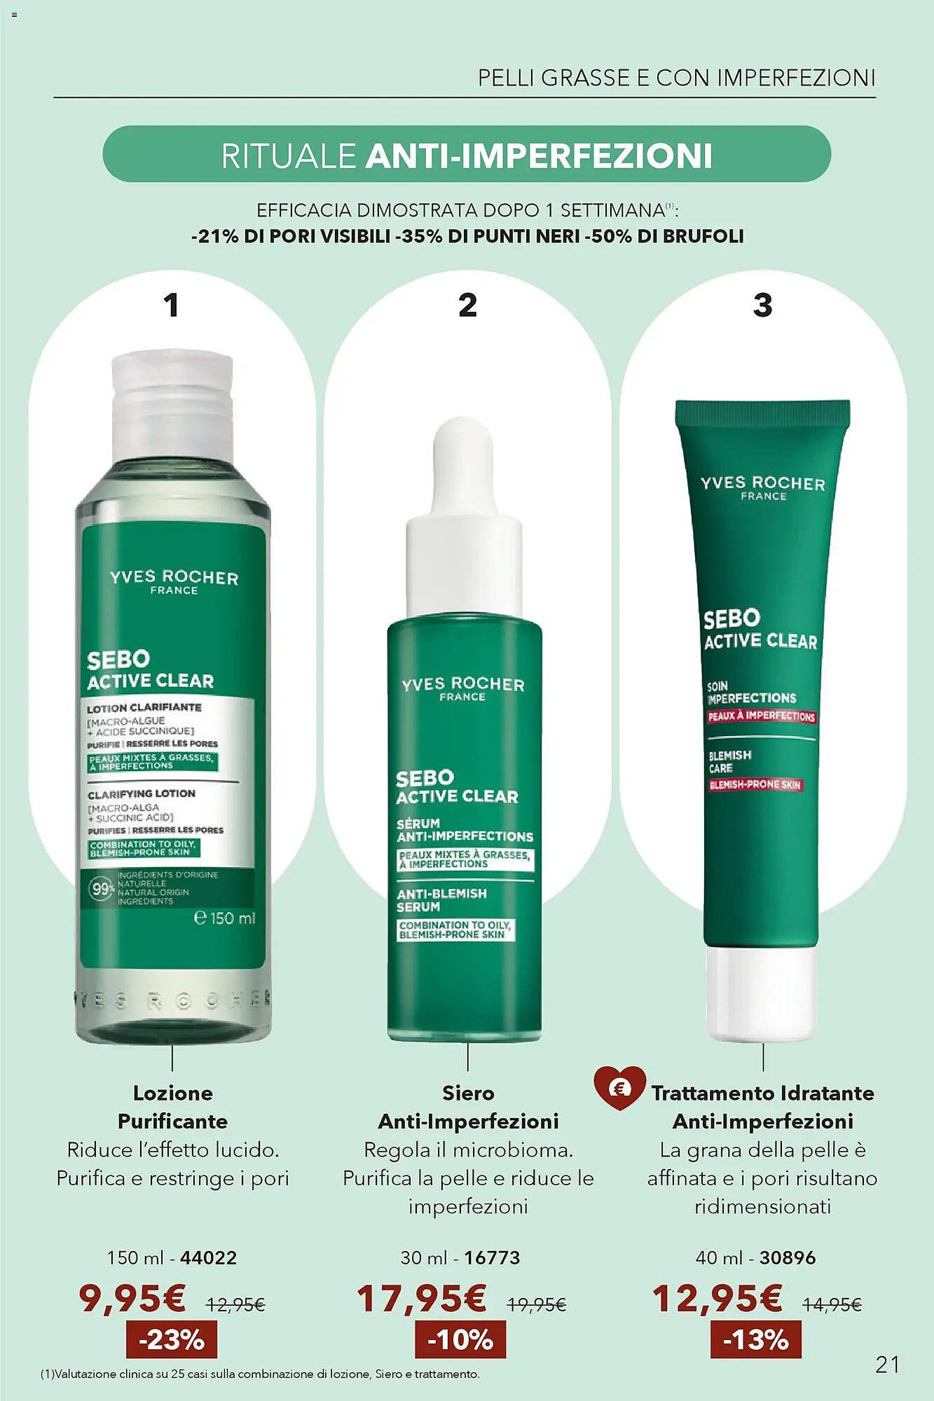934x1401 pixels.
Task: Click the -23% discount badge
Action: pyautogui.click(x=172, y=1339)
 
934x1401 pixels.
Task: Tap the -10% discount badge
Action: pyautogui.click(x=460, y=1339)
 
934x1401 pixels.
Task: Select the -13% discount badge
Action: pyautogui.click(x=755, y=1339)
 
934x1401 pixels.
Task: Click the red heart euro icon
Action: pyautogui.click(x=619, y=1088)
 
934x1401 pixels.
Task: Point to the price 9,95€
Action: pyautogui.click(x=132, y=1298)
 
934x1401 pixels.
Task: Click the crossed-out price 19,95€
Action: pyautogui.click(x=537, y=1304)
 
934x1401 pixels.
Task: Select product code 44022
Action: pyautogui.click(x=209, y=1257)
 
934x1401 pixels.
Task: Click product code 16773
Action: pyautogui.click(x=492, y=1257)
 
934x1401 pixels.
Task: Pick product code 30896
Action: pyautogui.click(x=788, y=1257)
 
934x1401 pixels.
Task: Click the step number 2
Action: pyautogui.click(x=467, y=305)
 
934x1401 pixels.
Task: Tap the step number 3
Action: pyautogui.click(x=762, y=305)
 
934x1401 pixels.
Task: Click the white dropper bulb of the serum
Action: pyautogui.click(x=462, y=462)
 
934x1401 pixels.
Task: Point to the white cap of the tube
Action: pyautogui.click(x=761, y=991)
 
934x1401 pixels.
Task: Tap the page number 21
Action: pyautogui.click(x=887, y=1364)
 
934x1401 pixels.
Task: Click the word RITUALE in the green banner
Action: pyautogui.click(x=289, y=156)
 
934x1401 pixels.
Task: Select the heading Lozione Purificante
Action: pyautogui.click(x=172, y=1107)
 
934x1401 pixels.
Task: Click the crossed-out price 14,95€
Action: pyautogui.click(x=832, y=1304)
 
